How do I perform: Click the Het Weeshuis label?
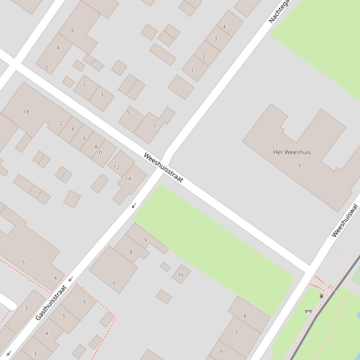[x=292, y=152]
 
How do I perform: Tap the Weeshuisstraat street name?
[x=163, y=167]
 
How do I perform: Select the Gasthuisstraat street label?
[x=51, y=302]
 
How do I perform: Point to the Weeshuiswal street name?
[x=345, y=221]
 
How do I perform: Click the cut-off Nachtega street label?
[x=279, y=11]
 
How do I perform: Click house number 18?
[x=26, y=112]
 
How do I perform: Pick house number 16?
[x=181, y=275]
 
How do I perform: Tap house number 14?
[x=128, y=179]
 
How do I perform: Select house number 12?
[x=117, y=167]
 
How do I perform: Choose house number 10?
[x=99, y=153]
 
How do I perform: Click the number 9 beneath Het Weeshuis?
[x=299, y=165]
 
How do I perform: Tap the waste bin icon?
[x=321, y=296]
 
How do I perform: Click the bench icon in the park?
[x=308, y=311]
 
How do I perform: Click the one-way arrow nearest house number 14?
[x=133, y=206]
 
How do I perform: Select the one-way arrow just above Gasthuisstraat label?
[x=70, y=279]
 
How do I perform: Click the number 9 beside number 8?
[x=146, y=240]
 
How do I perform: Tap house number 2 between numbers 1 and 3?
[x=204, y=56]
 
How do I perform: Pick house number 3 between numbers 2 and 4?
[x=215, y=39]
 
